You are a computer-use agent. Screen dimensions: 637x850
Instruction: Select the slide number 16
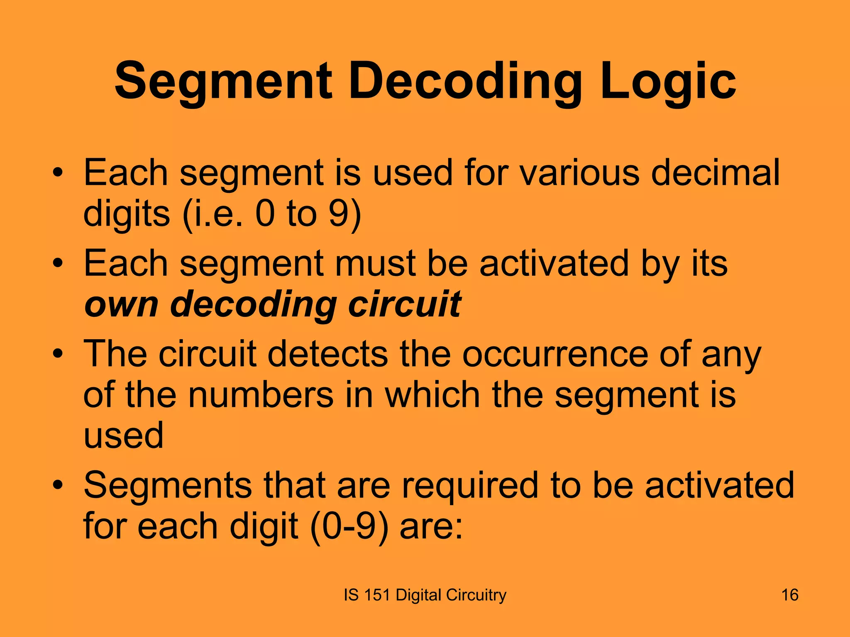pyautogui.click(x=789, y=595)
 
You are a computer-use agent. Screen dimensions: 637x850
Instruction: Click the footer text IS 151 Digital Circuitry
pyautogui.click(x=425, y=595)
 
